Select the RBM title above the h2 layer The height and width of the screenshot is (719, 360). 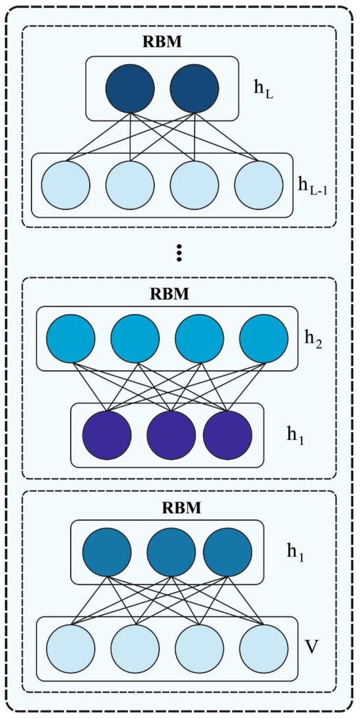170,293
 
